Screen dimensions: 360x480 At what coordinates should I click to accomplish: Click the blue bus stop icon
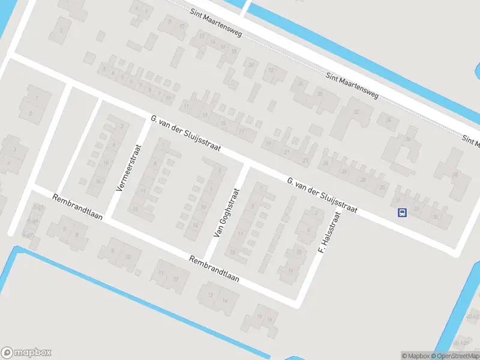coord(402,212)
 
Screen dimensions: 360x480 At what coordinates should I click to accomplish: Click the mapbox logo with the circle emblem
coord(26,353)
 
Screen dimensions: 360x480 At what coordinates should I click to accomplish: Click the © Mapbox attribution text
coord(416,356)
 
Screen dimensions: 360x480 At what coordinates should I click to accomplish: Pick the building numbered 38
coord(455,175)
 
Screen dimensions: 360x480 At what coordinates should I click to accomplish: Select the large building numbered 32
coord(356,112)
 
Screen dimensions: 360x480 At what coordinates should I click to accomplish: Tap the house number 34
coord(389,120)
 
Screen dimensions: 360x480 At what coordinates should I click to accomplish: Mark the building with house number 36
coord(409,140)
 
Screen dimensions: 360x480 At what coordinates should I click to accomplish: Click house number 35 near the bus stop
coord(434,216)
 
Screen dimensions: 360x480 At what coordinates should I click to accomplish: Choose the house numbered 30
coord(382,187)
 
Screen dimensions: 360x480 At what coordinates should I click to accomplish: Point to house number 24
coord(326,163)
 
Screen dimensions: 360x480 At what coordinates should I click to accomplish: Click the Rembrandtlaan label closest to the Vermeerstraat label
coord(77,207)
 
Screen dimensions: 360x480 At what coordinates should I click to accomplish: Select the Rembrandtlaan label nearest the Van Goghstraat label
coord(214,269)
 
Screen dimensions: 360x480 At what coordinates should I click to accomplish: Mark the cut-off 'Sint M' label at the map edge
coord(471,142)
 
